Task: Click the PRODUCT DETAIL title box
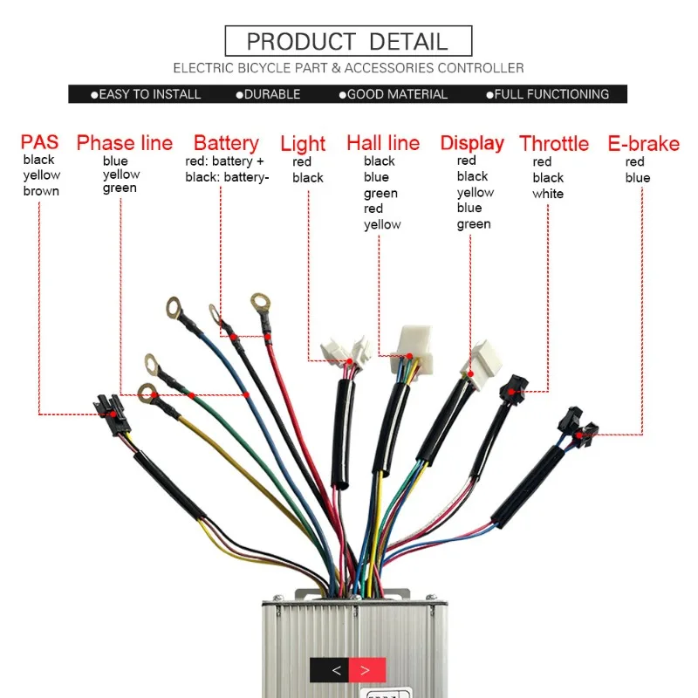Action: coord(348,41)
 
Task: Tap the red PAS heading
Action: coord(40,142)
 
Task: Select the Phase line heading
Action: coord(125,143)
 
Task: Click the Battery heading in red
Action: coord(226,143)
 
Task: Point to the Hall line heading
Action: coord(383,143)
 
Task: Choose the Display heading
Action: coord(472,143)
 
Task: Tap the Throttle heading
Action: coord(554,143)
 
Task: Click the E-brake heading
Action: coord(643,143)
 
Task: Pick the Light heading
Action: coord(303,143)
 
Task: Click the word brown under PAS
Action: coord(41,191)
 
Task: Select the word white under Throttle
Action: coord(548,194)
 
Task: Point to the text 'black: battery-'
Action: coord(227,177)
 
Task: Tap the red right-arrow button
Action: coord(366,670)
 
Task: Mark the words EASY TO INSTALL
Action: coord(149,94)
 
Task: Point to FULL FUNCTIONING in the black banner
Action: coord(551,94)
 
